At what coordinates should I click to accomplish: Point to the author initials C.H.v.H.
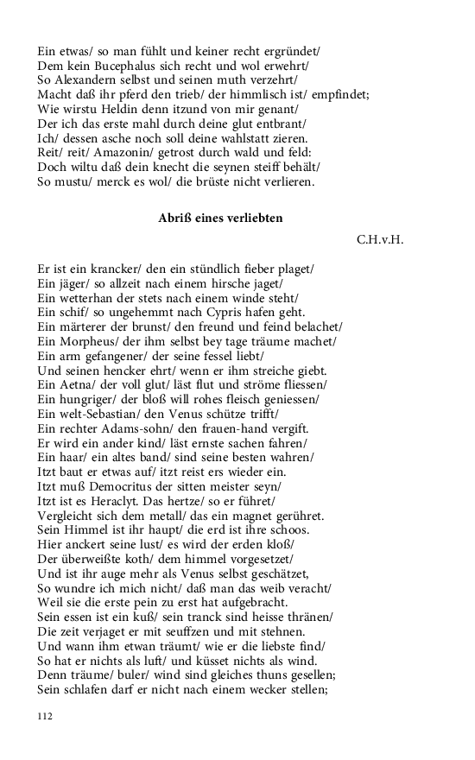click(379, 239)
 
